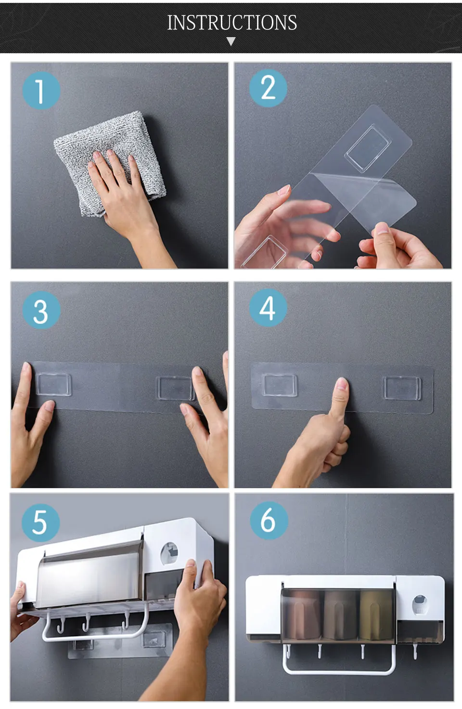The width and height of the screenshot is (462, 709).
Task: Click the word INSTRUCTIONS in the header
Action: tap(232, 23)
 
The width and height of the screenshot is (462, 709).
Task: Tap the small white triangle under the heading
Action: tap(231, 41)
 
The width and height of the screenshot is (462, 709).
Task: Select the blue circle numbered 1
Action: tap(41, 91)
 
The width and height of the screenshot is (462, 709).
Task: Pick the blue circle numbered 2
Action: tap(268, 88)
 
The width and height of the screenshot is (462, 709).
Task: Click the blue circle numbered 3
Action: tap(41, 310)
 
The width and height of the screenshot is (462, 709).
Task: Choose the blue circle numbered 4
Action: tap(268, 308)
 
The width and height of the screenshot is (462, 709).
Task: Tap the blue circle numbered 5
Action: tap(40, 523)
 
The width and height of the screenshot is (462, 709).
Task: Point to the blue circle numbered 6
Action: tap(269, 521)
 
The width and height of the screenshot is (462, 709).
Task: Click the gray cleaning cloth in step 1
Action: tap(111, 161)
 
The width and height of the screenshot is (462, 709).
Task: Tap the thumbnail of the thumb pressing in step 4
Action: tap(342, 384)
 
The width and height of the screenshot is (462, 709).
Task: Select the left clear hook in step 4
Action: tap(279, 385)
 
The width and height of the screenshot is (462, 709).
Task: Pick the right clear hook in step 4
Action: tap(402, 388)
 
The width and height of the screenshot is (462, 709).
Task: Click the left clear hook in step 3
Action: tap(53, 385)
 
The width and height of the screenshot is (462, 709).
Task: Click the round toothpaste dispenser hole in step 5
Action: tap(169, 554)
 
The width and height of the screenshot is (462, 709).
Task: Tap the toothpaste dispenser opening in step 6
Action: tap(420, 605)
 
